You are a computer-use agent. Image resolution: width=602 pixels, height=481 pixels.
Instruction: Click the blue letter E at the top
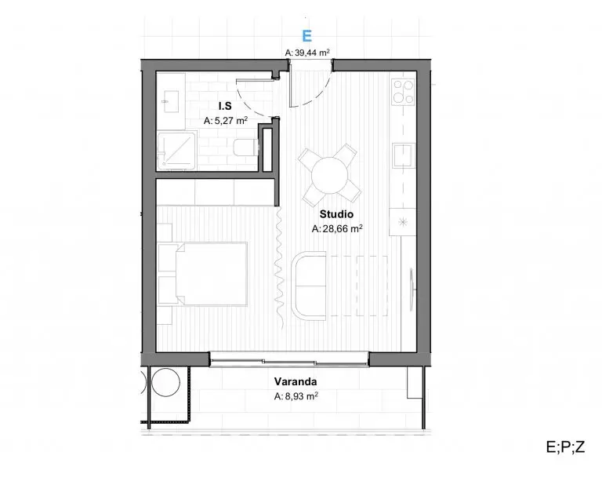click(306, 36)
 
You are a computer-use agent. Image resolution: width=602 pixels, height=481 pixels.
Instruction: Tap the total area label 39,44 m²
click(307, 53)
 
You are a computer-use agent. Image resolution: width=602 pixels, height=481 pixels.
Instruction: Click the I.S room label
click(225, 106)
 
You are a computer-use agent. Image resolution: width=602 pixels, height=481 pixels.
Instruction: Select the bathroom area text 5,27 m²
click(226, 121)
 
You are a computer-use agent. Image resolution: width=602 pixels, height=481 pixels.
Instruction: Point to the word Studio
click(336, 214)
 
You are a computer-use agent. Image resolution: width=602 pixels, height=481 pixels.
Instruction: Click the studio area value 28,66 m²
click(338, 229)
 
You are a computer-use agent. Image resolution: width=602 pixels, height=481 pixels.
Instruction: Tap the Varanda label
click(296, 381)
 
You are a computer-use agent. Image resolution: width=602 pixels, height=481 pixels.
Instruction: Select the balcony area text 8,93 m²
click(296, 396)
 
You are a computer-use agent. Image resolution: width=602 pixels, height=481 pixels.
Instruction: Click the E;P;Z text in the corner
click(565, 446)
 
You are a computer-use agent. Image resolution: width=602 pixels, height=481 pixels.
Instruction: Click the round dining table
click(329, 176)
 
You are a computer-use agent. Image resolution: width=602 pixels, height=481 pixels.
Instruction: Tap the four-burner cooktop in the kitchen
click(403, 92)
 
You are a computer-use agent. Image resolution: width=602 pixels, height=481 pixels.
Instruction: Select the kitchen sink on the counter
click(404, 155)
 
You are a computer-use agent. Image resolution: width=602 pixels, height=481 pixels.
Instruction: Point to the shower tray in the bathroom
click(176, 150)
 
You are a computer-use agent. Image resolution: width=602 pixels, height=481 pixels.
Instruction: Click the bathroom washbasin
click(171, 102)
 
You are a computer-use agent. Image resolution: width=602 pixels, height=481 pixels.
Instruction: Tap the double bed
click(211, 274)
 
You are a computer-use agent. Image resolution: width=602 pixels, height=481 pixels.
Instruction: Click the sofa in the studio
click(310, 286)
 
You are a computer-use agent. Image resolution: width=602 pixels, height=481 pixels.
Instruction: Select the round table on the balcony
click(165, 383)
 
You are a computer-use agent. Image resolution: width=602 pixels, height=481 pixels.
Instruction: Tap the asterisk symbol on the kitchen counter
click(403, 222)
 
